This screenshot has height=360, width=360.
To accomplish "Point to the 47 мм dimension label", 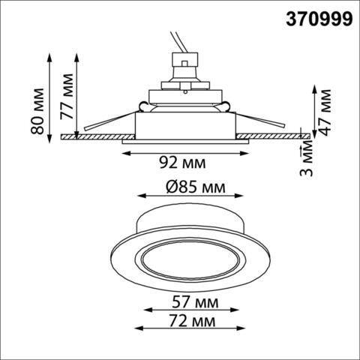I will [324, 110].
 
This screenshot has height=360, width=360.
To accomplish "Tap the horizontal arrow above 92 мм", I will [184, 152].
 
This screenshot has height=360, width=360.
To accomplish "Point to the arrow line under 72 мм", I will [190, 331].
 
